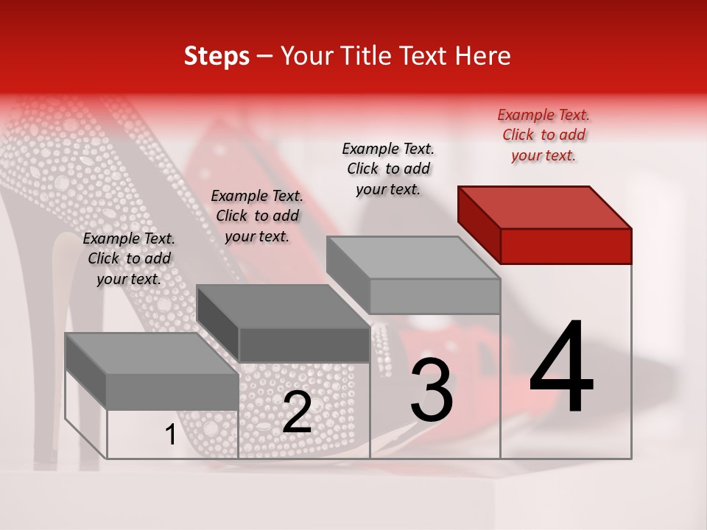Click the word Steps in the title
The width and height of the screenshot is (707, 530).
(x=217, y=56)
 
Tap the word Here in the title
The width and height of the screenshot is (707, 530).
(x=483, y=56)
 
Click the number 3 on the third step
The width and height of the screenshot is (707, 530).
(x=432, y=390)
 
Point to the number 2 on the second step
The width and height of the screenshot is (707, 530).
(x=297, y=412)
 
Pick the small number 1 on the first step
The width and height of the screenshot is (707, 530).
(x=170, y=435)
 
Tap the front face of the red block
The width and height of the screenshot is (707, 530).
(x=566, y=246)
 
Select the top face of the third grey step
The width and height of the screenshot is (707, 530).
(x=413, y=258)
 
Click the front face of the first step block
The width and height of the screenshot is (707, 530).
(x=172, y=392)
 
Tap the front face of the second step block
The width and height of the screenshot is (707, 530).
(x=304, y=344)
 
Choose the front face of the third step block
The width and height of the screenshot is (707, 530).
(x=435, y=296)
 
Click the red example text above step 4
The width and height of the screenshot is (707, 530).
(x=544, y=135)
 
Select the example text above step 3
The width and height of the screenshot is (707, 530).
(x=388, y=169)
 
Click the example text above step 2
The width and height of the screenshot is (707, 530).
(x=257, y=216)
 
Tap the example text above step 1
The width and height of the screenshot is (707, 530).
(x=129, y=258)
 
